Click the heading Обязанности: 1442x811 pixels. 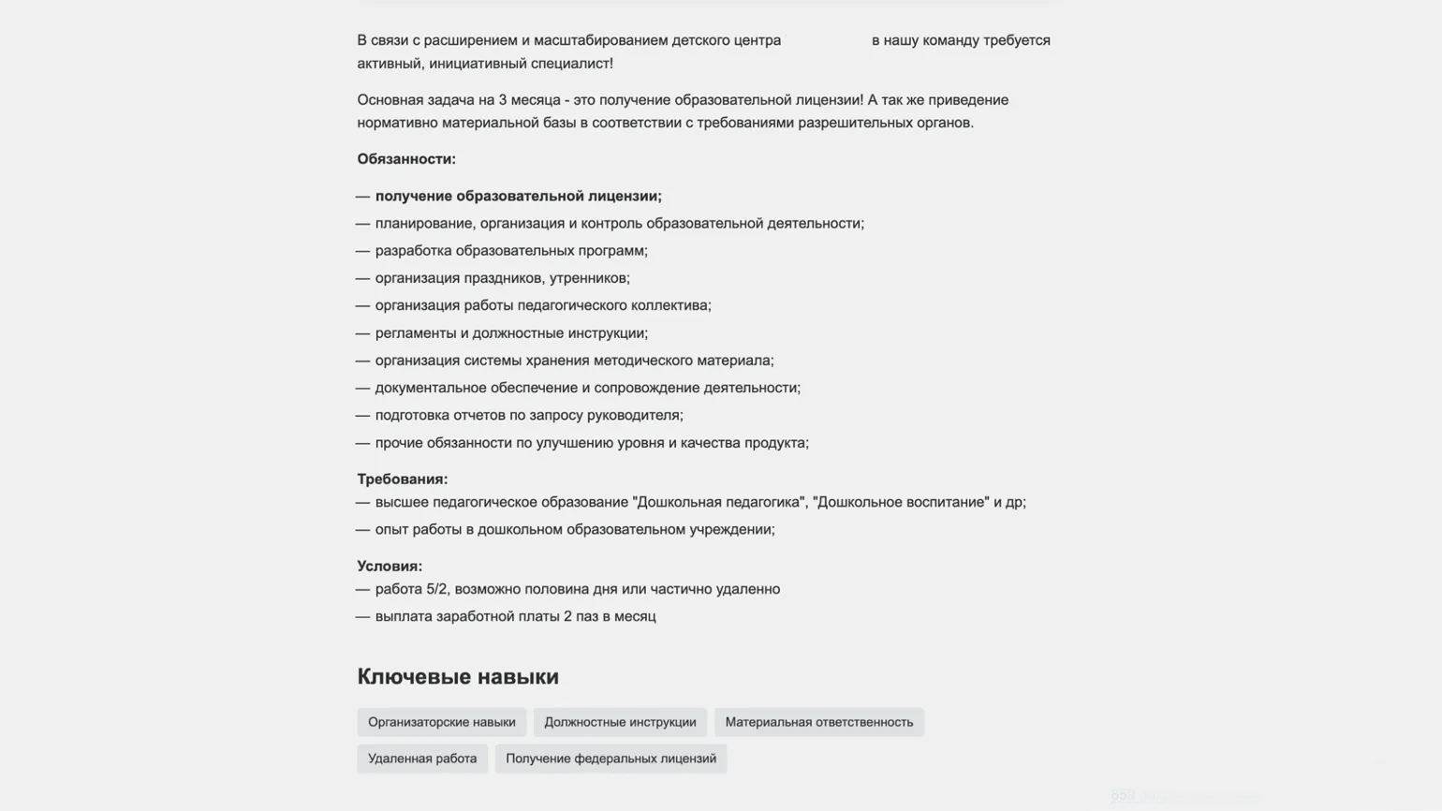click(406, 159)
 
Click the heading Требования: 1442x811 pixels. click(403, 479)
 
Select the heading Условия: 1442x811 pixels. click(390, 567)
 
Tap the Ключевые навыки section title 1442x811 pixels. click(458, 676)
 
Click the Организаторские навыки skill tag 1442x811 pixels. click(441, 722)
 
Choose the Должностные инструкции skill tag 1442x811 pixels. click(620, 722)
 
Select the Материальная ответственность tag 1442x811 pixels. click(818, 722)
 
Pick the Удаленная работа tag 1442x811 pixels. click(422, 759)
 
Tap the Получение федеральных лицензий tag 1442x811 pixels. click(611, 759)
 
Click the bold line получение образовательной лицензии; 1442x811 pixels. click(518, 197)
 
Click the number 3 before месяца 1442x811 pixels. click(503, 100)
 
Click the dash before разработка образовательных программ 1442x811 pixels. click(363, 251)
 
